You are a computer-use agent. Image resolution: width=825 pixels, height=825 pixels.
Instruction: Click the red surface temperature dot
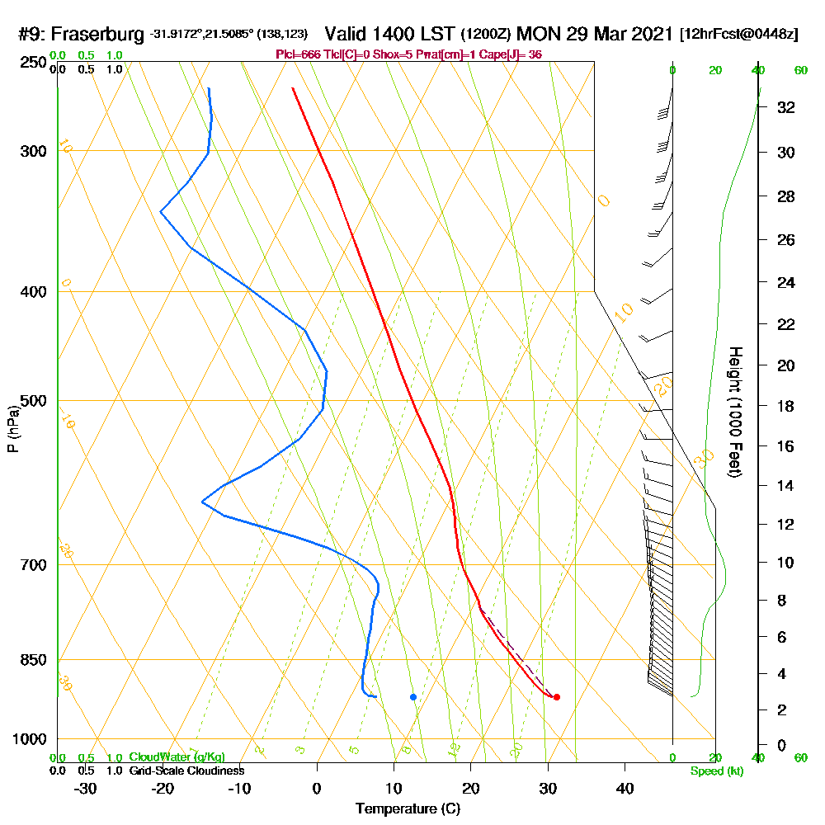557,697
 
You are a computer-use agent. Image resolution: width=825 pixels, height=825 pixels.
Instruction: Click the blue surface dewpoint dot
413,697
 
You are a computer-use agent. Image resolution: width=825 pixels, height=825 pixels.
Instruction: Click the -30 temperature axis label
86,789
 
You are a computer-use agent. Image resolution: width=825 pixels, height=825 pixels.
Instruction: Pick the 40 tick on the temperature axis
625,789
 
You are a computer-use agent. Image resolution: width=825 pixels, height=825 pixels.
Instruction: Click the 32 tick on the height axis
785,107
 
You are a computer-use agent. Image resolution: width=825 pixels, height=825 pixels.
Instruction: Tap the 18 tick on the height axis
785,406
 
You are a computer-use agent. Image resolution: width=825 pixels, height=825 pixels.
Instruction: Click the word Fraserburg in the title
101,35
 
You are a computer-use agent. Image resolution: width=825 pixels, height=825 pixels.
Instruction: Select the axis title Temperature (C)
408,809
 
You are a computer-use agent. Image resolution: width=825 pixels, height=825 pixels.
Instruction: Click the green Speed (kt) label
715,771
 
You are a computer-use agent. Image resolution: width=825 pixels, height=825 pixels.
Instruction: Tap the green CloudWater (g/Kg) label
177,757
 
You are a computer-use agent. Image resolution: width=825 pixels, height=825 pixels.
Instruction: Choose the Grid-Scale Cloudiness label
186,771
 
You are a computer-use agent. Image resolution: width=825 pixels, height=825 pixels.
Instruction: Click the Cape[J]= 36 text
516,54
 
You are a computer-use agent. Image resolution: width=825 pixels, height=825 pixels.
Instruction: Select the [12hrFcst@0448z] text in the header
738,35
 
